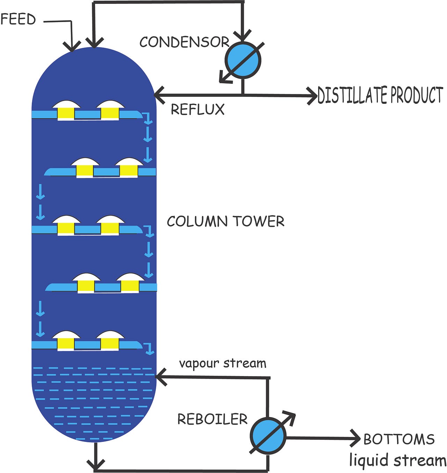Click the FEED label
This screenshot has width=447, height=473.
coord(18,19)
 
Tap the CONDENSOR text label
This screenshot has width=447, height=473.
coord(184,42)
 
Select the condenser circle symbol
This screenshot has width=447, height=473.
coord(243,60)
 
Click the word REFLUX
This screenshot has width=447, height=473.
coord(197,109)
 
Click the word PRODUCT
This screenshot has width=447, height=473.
coord(416,95)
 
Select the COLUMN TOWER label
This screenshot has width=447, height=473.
coord(226,221)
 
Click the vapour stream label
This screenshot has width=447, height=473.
coord(222,363)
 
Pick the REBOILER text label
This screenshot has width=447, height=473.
coord(212,419)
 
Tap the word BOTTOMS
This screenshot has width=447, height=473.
coord(399,439)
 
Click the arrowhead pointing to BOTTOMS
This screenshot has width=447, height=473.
coord(356,438)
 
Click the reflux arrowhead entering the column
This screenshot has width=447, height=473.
coord(159,95)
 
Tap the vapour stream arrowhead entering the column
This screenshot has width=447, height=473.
coord(160,377)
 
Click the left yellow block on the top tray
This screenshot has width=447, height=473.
coord(66,113)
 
